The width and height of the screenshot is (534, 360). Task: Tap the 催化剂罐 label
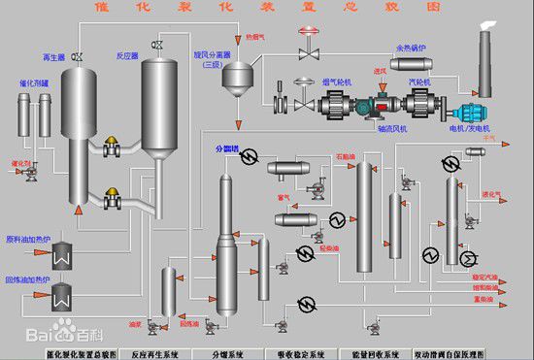coord(33,84)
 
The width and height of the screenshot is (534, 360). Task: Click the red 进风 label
coord(381,70)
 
